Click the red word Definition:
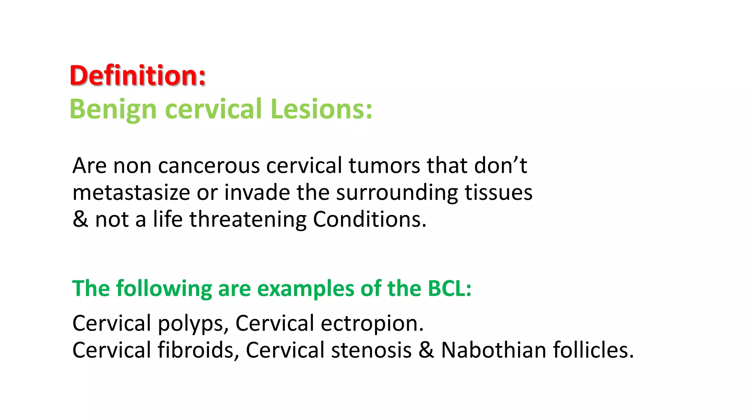138,75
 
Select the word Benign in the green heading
113,109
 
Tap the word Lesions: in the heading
321,109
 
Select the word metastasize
131,193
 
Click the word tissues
498,193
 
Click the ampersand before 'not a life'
80,219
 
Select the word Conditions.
369,219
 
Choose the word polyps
193,324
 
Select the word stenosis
371,350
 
